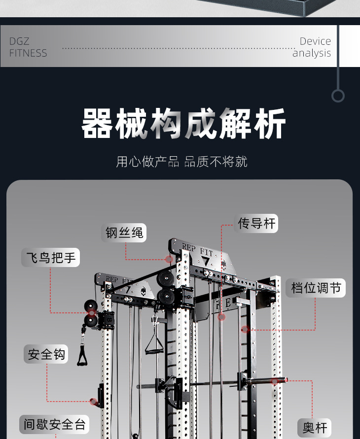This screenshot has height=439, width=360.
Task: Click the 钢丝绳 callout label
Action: pos(124,233)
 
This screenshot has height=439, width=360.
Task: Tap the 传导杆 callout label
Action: pos(257,223)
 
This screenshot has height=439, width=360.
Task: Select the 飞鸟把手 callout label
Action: pos(50,258)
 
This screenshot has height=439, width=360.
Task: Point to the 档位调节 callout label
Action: pos(316,288)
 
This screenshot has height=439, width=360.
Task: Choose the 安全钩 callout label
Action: pos(46,354)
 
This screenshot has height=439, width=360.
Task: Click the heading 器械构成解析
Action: pos(183,124)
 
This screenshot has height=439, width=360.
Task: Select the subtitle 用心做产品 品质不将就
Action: pos(181,162)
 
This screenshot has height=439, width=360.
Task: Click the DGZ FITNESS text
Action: pos(28,47)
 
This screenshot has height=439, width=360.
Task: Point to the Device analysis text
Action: pos(312,47)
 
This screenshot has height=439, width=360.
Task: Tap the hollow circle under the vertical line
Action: pos(338,96)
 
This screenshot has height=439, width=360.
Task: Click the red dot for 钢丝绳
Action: pos(169,259)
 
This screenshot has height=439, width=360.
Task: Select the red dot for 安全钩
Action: pos(93,402)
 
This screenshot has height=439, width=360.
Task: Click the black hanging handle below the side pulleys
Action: pos(83,354)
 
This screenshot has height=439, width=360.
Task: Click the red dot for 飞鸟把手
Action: pos(92,312)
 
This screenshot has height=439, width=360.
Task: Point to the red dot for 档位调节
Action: pos(245,329)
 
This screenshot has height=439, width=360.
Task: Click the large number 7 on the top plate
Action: pos(206,261)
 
